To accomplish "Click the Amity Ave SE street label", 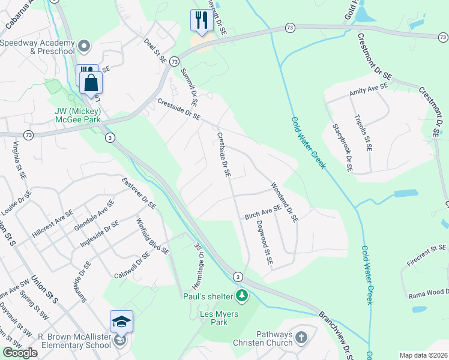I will [369, 90].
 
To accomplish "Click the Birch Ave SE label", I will [263, 212].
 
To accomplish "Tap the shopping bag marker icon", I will [92, 82].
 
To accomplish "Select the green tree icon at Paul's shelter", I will [242, 295].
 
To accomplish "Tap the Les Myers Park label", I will [218, 319].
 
